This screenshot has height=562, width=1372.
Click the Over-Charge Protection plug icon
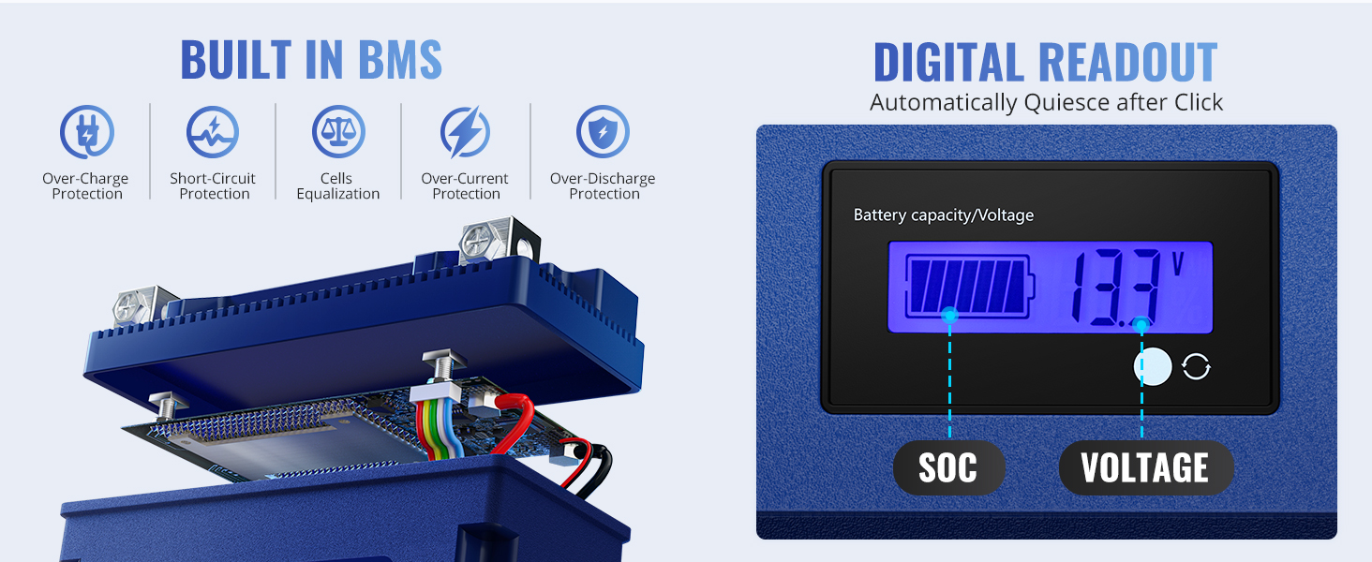(86, 132)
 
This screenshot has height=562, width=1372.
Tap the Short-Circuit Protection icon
(213, 132)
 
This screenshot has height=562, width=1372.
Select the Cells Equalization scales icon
(338, 132)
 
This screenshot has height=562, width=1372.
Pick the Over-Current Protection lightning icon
(465, 132)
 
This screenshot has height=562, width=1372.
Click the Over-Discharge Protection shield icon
(603, 132)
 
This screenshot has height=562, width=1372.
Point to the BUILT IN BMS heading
(311, 60)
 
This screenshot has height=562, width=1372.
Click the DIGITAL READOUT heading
(1045, 63)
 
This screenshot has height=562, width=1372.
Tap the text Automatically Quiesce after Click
(1046, 102)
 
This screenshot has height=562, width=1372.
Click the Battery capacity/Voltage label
(943, 215)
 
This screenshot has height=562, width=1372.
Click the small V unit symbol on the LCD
(1177, 263)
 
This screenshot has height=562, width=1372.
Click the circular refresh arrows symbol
(1196, 367)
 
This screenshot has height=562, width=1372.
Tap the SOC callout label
(947, 467)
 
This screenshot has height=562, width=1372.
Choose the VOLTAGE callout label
(1145, 467)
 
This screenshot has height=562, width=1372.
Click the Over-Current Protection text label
(465, 186)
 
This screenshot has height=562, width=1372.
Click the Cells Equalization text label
(338, 186)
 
